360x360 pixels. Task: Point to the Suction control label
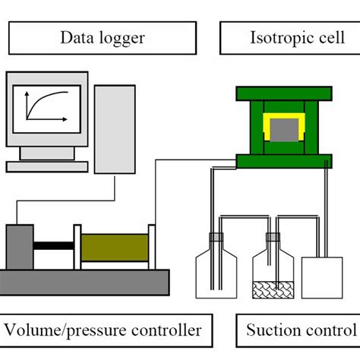[299, 330]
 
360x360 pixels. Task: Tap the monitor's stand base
[47, 164]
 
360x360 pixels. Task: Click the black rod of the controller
[53, 245]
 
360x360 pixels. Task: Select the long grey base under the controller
[84, 283]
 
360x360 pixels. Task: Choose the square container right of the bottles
[323, 277]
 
